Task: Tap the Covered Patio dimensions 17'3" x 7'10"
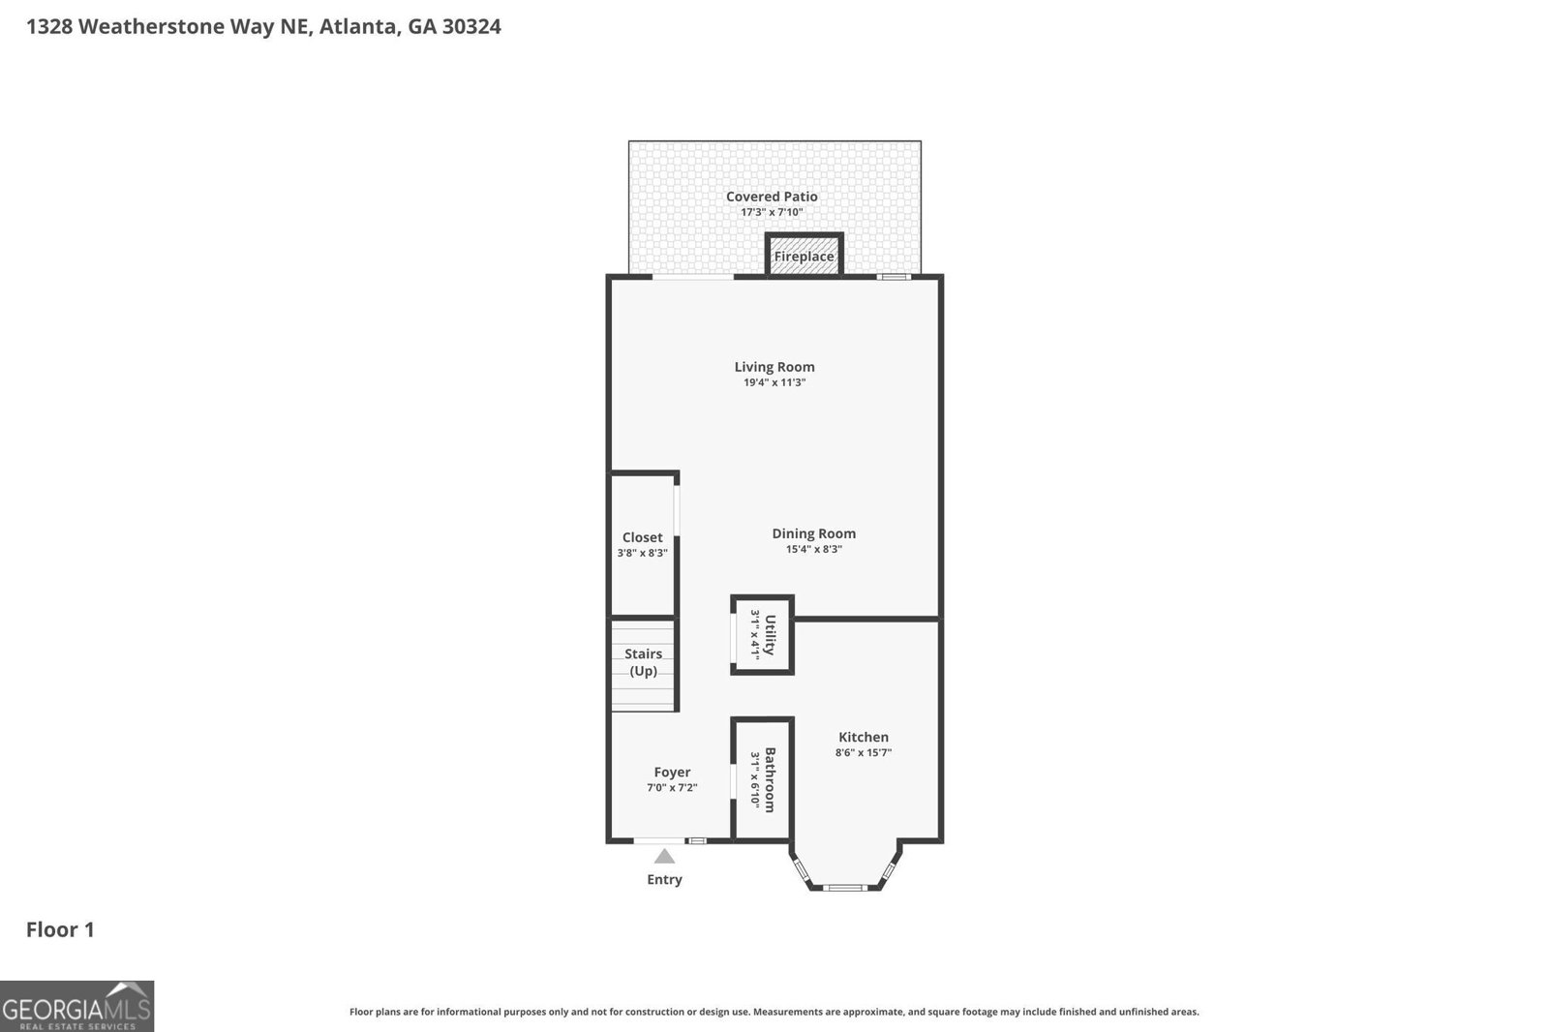point(772,212)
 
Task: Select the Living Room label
point(774,367)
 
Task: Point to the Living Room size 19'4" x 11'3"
point(774,382)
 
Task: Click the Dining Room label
point(813,533)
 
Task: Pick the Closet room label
point(642,537)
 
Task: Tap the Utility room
point(763,635)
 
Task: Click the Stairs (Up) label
point(643,662)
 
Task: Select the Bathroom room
point(763,779)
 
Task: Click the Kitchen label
point(863,737)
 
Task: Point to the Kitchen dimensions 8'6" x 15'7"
point(863,752)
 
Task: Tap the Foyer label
point(672,772)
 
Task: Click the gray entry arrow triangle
point(664,857)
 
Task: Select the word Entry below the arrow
point(664,879)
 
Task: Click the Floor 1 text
point(60,929)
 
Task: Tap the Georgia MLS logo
point(76,1006)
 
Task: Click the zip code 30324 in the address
point(471,26)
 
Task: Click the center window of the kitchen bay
point(844,887)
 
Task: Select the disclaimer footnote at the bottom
point(774,1012)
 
